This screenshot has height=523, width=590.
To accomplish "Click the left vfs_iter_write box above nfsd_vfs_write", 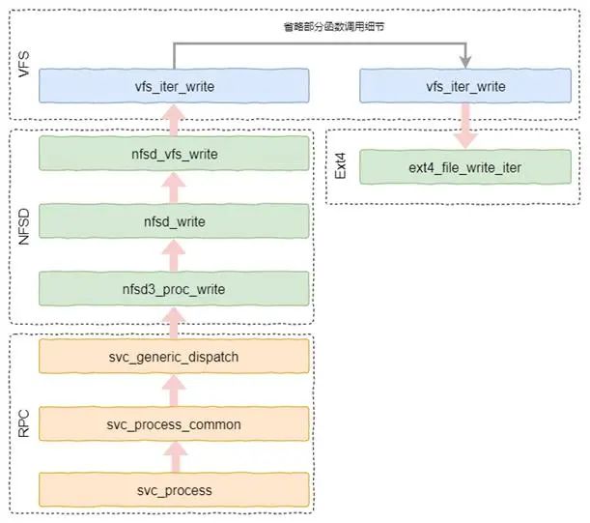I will [x=174, y=87].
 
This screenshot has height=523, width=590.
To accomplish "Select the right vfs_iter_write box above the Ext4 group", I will [x=465, y=87].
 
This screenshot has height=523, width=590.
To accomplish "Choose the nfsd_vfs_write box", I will [x=174, y=153].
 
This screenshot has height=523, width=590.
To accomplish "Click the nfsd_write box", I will [x=174, y=222].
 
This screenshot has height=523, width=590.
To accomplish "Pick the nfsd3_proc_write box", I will [x=174, y=288].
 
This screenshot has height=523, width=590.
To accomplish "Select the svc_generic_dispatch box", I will [x=174, y=357].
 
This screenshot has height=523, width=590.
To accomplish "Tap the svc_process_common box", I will [x=174, y=424].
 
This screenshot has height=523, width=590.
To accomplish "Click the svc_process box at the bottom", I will [x=174, y=489].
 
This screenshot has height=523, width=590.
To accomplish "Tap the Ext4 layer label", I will [x=340, y=164].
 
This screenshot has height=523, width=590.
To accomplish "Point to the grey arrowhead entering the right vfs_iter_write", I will [x=465, y=61].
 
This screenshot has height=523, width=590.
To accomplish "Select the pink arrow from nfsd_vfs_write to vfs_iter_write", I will [x=174, y=120].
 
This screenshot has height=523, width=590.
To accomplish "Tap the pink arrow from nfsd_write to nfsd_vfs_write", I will [x=174, y=188].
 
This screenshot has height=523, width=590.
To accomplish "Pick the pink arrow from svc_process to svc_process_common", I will [x=174, y=457].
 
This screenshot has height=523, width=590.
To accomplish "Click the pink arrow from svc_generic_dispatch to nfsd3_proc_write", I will [x=174, y=323].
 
